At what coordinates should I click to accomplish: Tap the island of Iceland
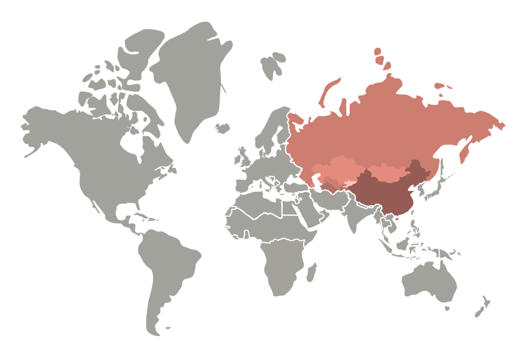[222, 127]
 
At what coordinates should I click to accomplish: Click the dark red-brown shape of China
[386, 195]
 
